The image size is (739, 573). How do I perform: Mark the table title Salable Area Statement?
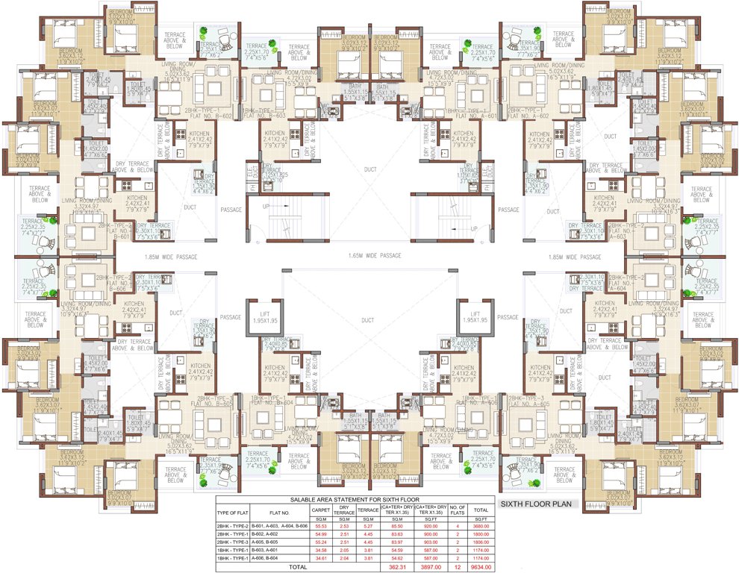355,499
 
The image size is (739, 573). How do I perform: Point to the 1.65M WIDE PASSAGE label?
374,256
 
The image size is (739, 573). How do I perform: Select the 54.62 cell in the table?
391,557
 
